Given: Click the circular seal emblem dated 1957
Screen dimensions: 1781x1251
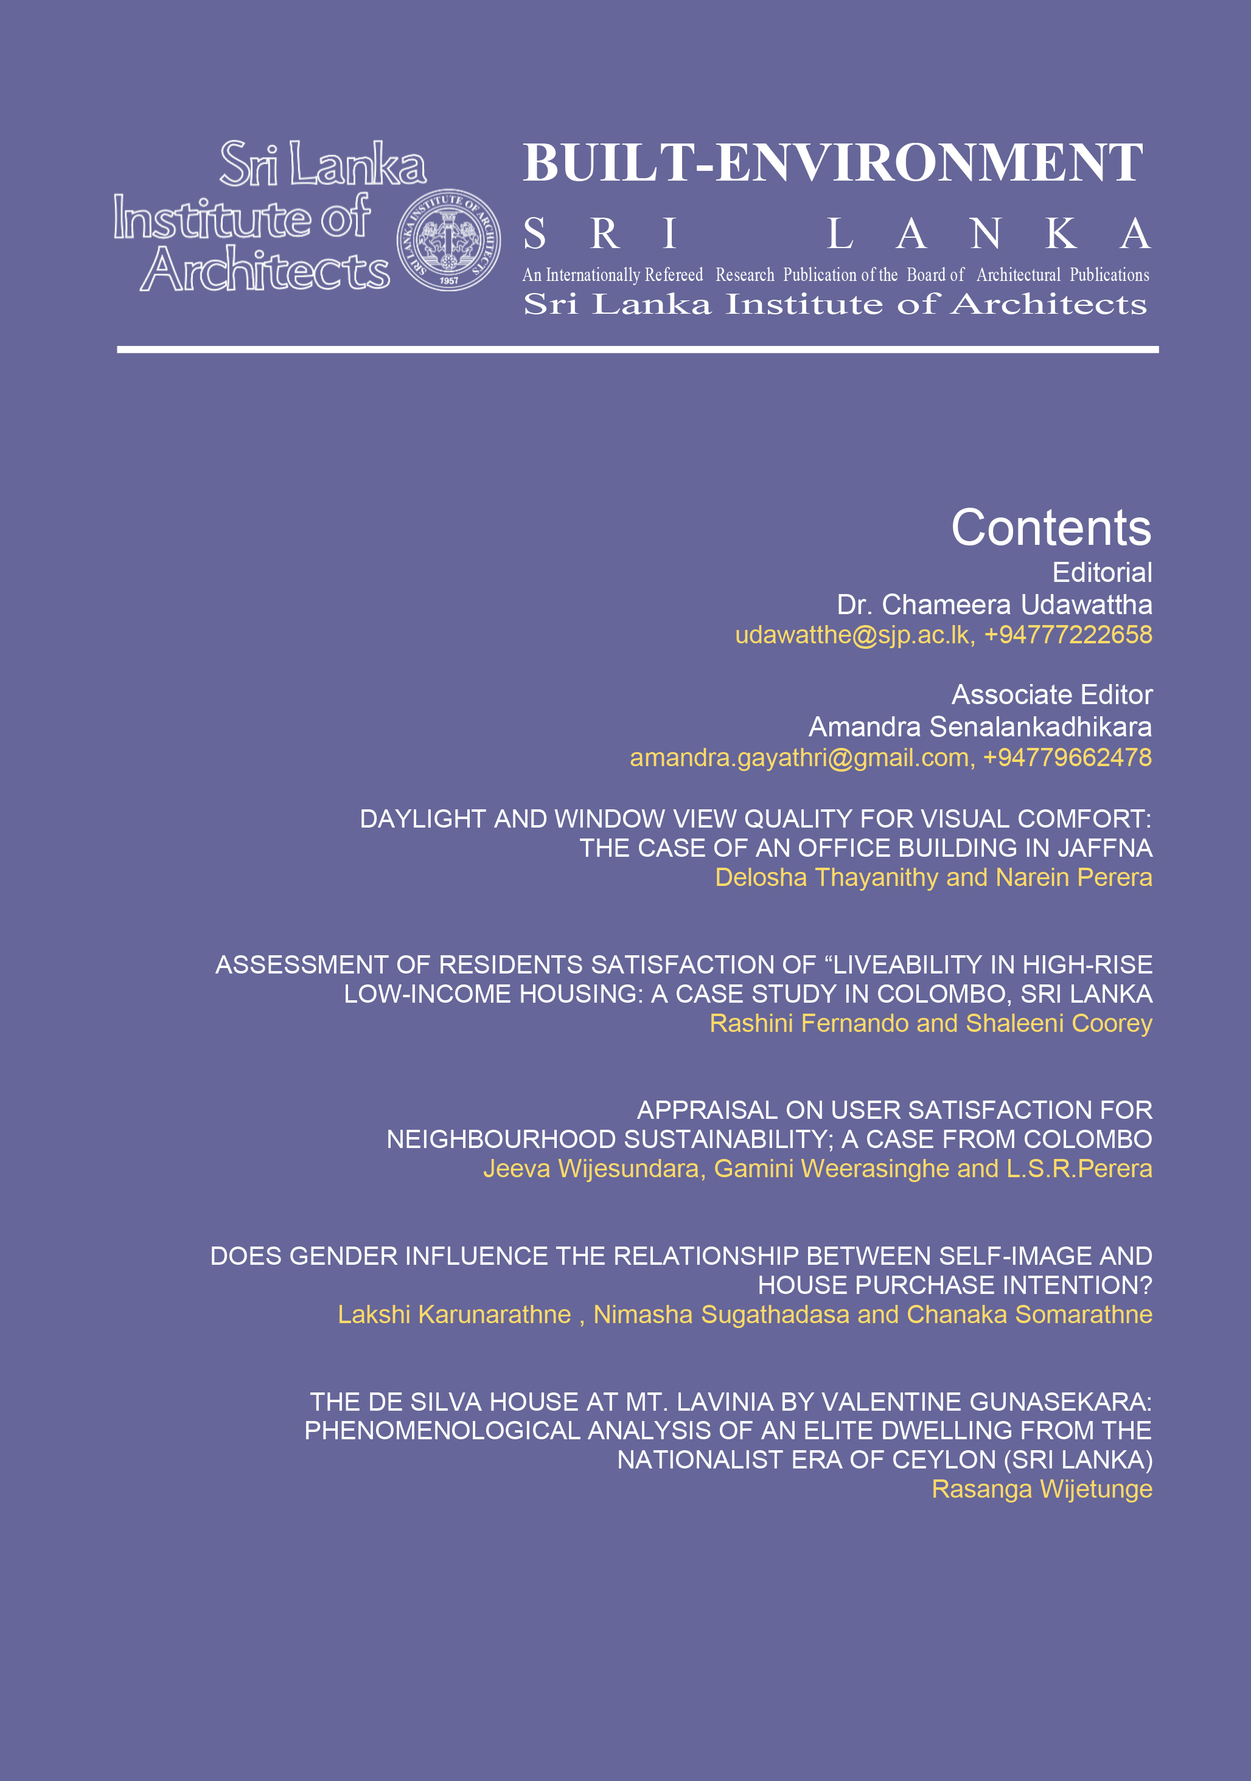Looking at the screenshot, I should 448,240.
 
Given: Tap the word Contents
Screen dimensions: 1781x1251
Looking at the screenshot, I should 1051,528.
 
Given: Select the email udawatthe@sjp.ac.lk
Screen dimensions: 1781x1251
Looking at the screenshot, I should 852,635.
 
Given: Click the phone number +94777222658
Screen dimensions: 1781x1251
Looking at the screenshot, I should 1068,635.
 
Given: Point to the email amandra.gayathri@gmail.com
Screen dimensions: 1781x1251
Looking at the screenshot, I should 800,758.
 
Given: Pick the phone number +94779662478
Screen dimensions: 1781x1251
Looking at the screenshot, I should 1067,758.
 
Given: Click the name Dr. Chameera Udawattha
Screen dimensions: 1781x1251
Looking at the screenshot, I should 994,604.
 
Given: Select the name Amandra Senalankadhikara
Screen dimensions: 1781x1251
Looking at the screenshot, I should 980,727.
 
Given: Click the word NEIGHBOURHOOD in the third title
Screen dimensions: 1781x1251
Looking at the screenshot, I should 501,1139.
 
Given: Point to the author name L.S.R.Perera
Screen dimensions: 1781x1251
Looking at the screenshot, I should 1079,1169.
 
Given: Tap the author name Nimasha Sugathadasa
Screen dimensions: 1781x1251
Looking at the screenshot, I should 721,1315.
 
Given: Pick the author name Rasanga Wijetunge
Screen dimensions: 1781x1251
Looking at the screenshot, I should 1042,1489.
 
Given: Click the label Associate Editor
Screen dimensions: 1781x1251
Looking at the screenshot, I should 1051,695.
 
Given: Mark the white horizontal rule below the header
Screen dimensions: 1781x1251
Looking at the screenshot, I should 637,350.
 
